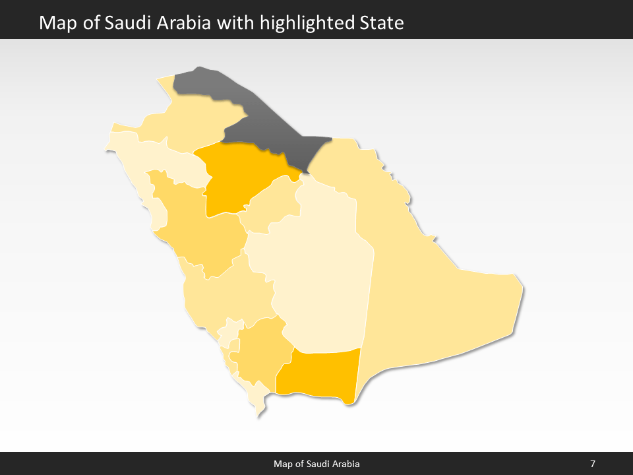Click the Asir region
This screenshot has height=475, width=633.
point(260,350)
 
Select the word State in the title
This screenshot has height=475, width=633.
point(381,24)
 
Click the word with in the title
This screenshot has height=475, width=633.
point(237,24)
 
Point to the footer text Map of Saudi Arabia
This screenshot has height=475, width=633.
point(316,464)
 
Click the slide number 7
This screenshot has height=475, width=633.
point(593,464)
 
